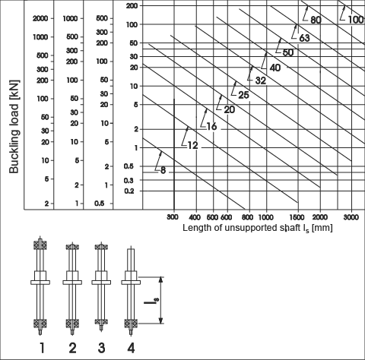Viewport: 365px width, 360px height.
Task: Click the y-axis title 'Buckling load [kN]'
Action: [x=14, y=127]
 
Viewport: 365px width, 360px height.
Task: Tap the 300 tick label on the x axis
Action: [x=173, y=217]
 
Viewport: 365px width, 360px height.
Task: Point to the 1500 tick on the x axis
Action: [x=297, y=217]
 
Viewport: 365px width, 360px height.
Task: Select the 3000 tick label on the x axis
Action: [x=351, y=217]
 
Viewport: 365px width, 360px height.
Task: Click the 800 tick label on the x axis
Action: [x=248, y=217]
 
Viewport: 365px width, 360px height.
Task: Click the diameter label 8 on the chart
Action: [x=163, y=170]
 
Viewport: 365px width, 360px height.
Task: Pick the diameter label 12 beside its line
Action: [x=192, y=146]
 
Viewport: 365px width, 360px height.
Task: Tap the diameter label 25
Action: [x=243, y=95]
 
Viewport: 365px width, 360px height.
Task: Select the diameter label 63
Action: [x=304, y=38]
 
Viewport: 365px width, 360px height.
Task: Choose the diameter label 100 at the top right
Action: [x=356, y=20]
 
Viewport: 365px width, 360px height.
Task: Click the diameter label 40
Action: [x=275, y=68]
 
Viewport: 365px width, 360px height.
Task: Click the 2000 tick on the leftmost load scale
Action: [x=40, y=18]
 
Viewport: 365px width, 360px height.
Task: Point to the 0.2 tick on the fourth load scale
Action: [x=129, y=191]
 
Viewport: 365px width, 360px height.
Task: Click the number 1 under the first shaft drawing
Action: [x=42, y=348]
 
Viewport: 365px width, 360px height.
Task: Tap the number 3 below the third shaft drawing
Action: [x=101, y=348]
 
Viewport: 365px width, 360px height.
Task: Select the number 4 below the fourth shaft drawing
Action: [x=131, y=348]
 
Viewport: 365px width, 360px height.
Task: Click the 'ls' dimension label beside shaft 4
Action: [x=151, y=302]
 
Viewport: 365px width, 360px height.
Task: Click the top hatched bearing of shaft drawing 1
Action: [x=40, y=245]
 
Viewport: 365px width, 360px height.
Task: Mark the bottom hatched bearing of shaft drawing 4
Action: [x=131, y=324]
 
